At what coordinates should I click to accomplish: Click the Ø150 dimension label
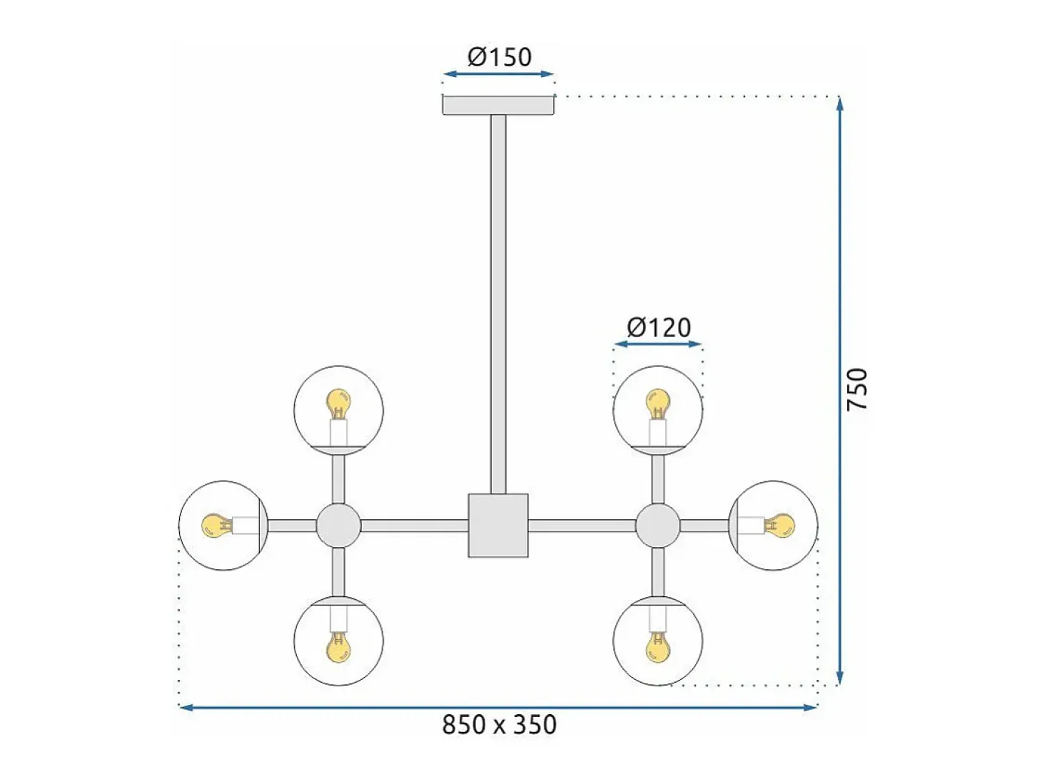tap(499, 57)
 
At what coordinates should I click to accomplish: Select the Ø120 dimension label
tap(659, 328)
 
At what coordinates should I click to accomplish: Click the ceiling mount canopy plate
tap(498, 105)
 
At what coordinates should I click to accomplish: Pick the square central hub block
tap(498, 525)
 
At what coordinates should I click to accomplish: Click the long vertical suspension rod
tap(498, 304)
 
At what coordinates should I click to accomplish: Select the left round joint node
tap(338, 526)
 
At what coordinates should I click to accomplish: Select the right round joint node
tap(657, 526)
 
